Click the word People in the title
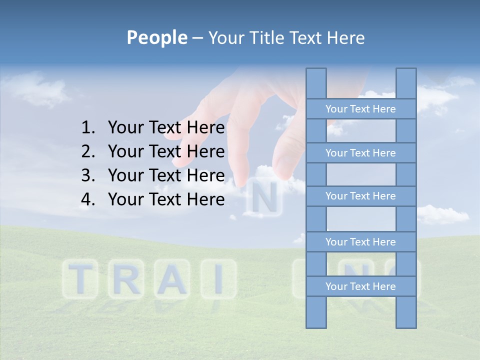[x=156, y=37]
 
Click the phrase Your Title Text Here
[x=286, y=37]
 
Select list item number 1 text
[x=166, y=128]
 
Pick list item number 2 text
[x=166, y=151]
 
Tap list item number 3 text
[x=166, y=175]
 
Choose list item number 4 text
[x=166, y=199]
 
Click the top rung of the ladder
[x=360, y=109]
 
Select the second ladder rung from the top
[x=360, y=153]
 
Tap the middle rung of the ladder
[x=360, y=196]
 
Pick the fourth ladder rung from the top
[x=360, y=242]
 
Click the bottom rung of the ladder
[x=360, y=286]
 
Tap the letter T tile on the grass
[x=80, y=279]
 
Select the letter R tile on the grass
[x=125, y=279]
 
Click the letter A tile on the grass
[x=172, y=279]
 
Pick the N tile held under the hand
[x=264, y=199]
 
